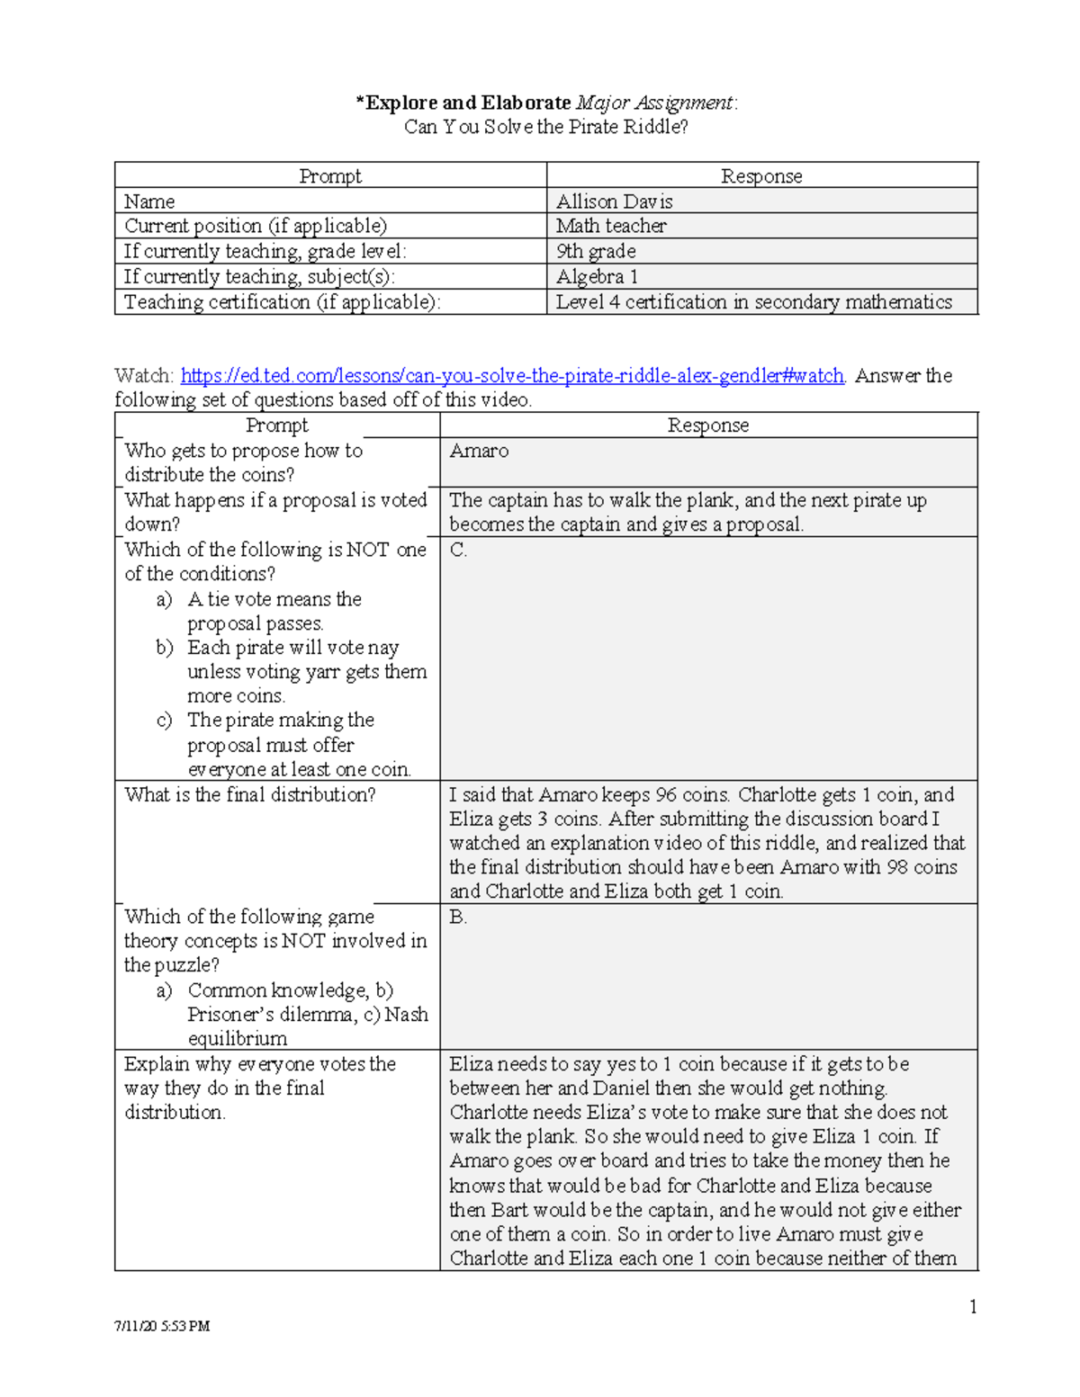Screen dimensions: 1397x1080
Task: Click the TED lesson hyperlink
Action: click(512, 375)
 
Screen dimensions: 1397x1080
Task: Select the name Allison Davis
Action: click(614, 201)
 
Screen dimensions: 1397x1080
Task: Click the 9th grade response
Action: click(596, 251)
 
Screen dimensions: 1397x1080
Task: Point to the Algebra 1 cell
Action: click(597, 276)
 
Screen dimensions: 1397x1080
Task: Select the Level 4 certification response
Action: click(753, 301)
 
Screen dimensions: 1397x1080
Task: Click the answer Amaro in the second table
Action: click(479, 451)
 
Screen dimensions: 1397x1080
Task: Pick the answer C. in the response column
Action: click(458, 550)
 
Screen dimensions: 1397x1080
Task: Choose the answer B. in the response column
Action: click(458, 917)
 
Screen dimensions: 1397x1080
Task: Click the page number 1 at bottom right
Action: click(973, 1307)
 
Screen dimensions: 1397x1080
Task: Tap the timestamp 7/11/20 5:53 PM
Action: click(162, 1326)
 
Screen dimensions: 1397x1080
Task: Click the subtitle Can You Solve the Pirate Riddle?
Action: click(545, 127)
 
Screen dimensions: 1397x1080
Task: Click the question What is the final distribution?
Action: click(250, 794)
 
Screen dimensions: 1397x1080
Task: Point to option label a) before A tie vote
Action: click(164, 599)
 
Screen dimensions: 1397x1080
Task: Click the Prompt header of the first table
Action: click(330, 176)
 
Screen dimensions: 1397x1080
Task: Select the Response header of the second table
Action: click(707, 425)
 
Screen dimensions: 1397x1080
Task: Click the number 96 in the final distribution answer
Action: click(665, 794)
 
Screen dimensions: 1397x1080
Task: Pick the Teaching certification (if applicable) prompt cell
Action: click(283, 301)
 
